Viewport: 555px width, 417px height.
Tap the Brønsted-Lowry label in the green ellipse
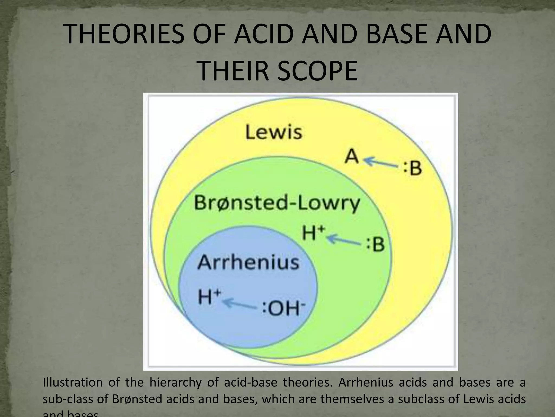[x=277, y=203]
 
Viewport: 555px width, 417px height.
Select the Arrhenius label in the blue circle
[x=248, y=262]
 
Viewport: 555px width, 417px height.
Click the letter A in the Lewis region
[x=352, y=157]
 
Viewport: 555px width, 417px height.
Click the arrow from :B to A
[x=381, y=162]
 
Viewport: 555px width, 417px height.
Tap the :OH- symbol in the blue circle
[x=283, y=309]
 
